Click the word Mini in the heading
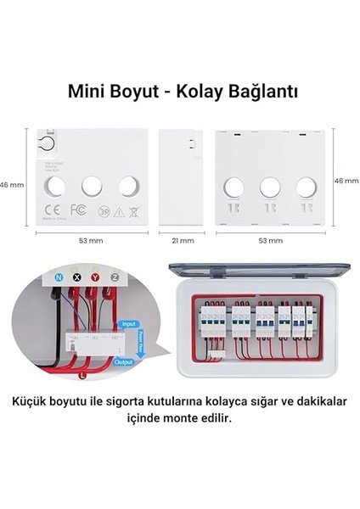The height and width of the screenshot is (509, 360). click(87, 89)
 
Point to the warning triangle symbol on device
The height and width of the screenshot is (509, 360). click(120, 211)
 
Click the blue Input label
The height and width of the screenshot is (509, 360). click(129, 324)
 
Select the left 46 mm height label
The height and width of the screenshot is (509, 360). click(9, 182)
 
